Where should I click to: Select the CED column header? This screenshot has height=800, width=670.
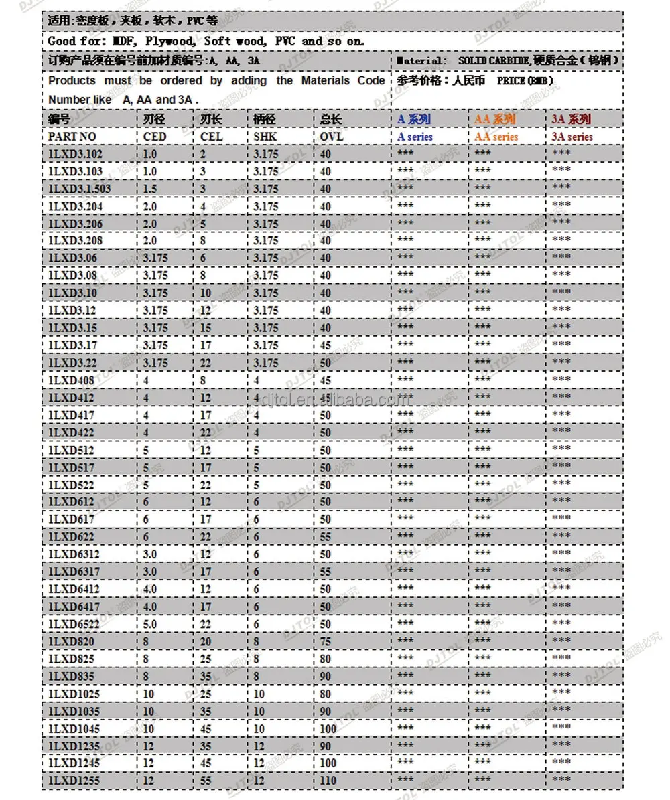coord(155,137)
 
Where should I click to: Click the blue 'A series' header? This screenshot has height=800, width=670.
coord(415,137)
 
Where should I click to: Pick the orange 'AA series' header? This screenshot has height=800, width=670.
coord(496,137)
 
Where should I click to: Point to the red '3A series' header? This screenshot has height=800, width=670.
coord(572,137)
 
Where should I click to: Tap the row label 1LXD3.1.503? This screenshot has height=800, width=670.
coord(79,189)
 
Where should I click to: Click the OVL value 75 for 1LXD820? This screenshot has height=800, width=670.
coord(326,641)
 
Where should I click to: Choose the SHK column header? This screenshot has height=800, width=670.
coord(265,137)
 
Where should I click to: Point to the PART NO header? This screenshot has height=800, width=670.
coord(72,137)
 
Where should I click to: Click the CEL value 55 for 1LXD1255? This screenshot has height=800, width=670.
coord(206,780)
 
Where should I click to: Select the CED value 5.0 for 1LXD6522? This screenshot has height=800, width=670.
coord(150,623)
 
